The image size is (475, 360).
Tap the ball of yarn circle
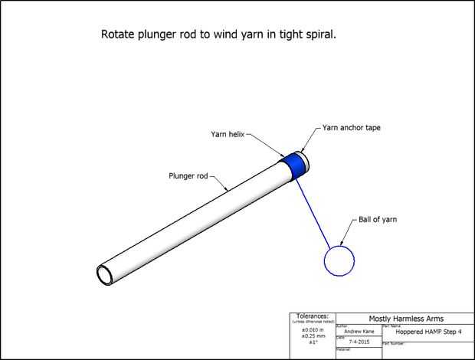pos(339,260)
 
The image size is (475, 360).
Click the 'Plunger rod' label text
pos(188,175)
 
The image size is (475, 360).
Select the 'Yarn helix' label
pos(228,133)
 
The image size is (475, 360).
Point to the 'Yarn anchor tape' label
pos(352,128)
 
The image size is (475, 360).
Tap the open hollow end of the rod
pos(105,273)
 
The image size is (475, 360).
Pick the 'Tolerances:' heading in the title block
pos(311,316)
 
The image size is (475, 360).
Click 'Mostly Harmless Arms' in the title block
pos(406,318)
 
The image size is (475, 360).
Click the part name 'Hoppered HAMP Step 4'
pos(428,332)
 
